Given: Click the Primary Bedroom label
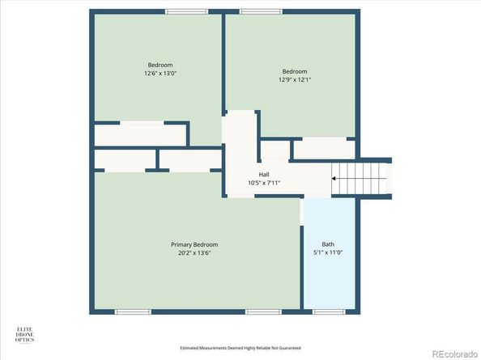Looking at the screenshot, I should [x=194, y=244].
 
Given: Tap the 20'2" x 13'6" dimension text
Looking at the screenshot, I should [x=194, y=252].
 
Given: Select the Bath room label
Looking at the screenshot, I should [x=328, y=244].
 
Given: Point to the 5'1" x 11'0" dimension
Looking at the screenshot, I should [x=328, y=252].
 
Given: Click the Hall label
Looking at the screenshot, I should [x=264, y=175].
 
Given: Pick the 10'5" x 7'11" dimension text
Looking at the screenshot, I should [x=264, y=183].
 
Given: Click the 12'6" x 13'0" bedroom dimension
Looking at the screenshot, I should [x=160, y=73].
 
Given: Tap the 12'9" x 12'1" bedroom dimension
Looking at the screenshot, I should [x=295, y=79].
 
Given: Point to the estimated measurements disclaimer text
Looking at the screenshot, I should [x=240, y=349].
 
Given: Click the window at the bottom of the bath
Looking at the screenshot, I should [x=328, y=311].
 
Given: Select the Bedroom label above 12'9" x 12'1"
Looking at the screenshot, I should [x=295, y=71].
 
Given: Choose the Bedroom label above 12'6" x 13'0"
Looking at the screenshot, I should [x=160, y=65].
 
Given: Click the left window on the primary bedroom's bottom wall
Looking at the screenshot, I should [x=133, y=311].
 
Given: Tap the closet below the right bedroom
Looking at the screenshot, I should [x=322, y=150].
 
